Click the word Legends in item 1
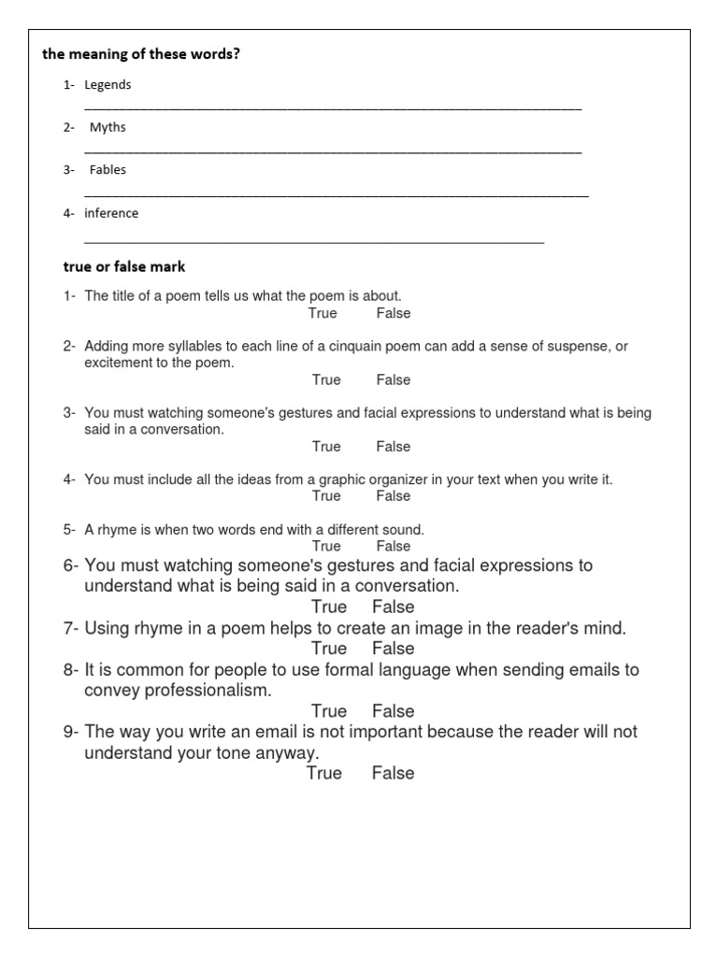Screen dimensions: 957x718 [108, 85]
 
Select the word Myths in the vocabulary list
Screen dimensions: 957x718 [108, 128]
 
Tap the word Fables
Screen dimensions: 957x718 [108, 170]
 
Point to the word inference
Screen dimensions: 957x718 [111, 213]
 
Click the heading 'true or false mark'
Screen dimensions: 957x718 [124, 267]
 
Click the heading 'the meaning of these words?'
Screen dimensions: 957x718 [140, 54]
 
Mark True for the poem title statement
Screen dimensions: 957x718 [323, 313]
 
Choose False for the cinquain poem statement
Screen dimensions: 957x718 [394, 380]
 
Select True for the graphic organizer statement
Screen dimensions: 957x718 [326, 496]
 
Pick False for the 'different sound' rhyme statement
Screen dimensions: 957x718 [394, 546]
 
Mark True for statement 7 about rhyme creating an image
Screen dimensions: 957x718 [329, 649]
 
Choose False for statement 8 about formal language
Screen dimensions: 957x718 [393, 711]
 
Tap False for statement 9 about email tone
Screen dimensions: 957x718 [393, 773]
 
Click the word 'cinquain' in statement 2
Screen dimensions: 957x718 [345, 347]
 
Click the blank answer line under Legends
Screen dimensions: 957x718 [333, 108]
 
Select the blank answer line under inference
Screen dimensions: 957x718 [314, 241]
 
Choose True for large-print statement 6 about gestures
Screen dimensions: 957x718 [329, 607]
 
